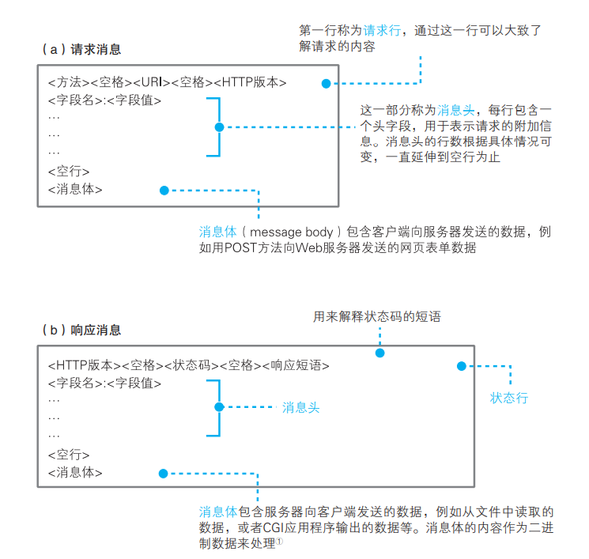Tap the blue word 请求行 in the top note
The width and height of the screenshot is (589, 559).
pyautogui.click(x=384, y=30)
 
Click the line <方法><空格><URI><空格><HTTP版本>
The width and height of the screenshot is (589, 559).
pyautogui.click(x=167, y=82)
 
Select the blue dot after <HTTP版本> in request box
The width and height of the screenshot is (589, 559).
pyautogui.click(x=325, y=82)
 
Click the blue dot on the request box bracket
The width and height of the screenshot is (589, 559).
pyautogui.click(x=220, y=127)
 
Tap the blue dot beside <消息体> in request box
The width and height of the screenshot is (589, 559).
pyautogui.click(x=164, y=191)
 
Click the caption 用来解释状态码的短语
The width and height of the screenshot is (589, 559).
pyautogui.click(x=377, y=317)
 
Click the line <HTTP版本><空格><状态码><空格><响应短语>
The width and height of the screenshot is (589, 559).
pyautogui.click(x=188, y=365)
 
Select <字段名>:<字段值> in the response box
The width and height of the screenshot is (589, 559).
pyautogui.click(x=104, y=383)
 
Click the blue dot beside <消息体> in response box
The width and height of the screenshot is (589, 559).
pyautogui.click(x=164, y=474)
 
